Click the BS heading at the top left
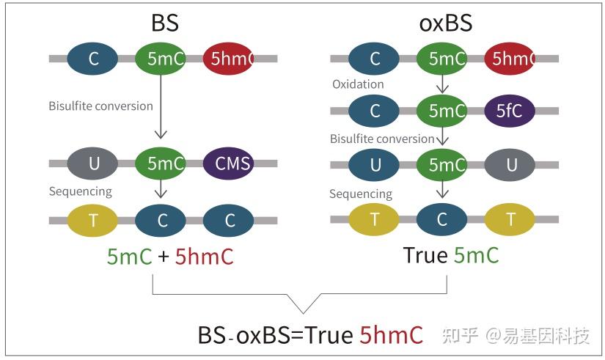click(x=165, y=23)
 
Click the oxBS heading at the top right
click(x=445, y=23)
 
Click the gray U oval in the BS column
click(x=93, y=164)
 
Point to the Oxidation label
click(x=358, y=84)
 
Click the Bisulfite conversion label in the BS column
click(x=100, y=106)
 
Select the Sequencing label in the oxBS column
click(x=361, y=194)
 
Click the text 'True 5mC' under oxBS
click(x=451, y=254)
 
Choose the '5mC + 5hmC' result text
click(x=170, y=256)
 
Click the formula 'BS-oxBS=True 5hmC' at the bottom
click(x=310, y=334)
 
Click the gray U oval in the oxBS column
click(x=511, y=164)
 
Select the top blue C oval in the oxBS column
click(x=375, y=59)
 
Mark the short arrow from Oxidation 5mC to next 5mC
click(x=442, y=85)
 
